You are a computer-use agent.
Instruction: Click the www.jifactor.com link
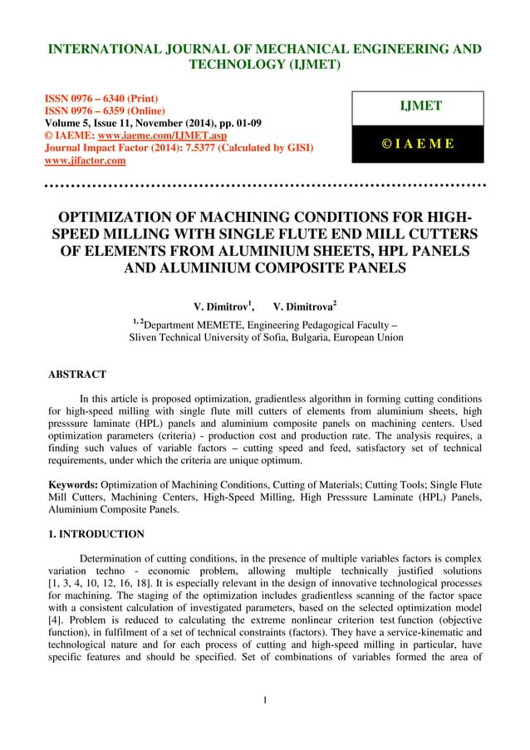(x=85, y=160)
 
